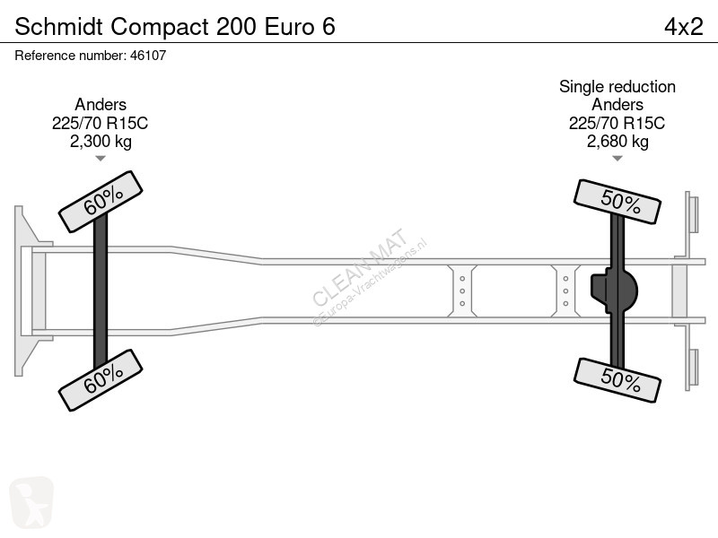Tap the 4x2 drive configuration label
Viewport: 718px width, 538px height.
[684, 26]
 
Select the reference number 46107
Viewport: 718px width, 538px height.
[148, 56]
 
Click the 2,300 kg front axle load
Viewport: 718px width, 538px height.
[101, 142]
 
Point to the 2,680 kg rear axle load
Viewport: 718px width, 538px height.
[617, 142]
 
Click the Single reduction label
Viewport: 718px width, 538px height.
[617, 86]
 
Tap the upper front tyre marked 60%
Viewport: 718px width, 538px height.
[101, 202]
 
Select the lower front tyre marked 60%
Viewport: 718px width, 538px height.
[101, 380]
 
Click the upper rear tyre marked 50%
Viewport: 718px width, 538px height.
[617, 202]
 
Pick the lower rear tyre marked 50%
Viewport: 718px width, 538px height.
[617, 380]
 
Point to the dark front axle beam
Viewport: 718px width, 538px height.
[101, 291]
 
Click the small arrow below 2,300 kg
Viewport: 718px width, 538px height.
[101, 159]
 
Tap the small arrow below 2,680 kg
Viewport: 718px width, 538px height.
[617, 159]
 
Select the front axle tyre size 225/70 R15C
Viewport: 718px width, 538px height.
[100, 123]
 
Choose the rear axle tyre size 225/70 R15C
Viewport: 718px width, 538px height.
[617, 123]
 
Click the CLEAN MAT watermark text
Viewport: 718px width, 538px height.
[360, 267]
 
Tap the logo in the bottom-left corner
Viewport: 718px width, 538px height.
[31, 502]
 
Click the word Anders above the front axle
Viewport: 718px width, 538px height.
[101, 105]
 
